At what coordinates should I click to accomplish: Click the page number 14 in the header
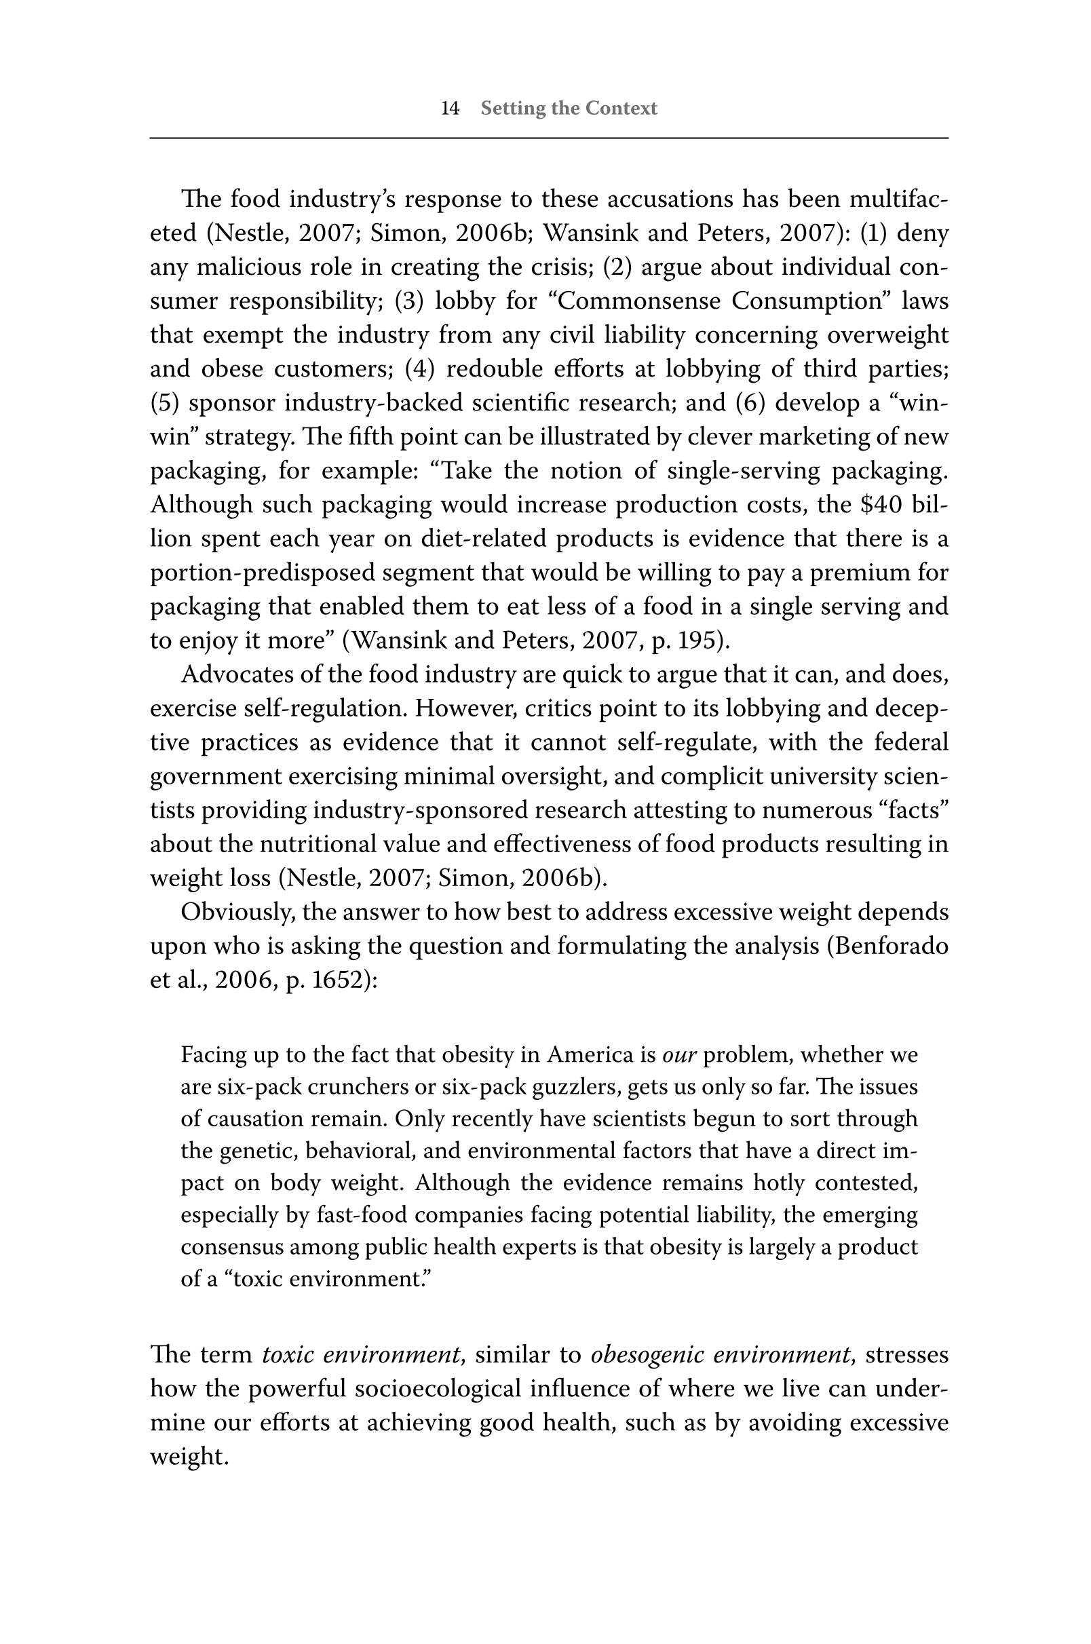(451, 109)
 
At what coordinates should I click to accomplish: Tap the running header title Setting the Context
(569, 109)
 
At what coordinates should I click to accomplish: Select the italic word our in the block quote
(679, 1056)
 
